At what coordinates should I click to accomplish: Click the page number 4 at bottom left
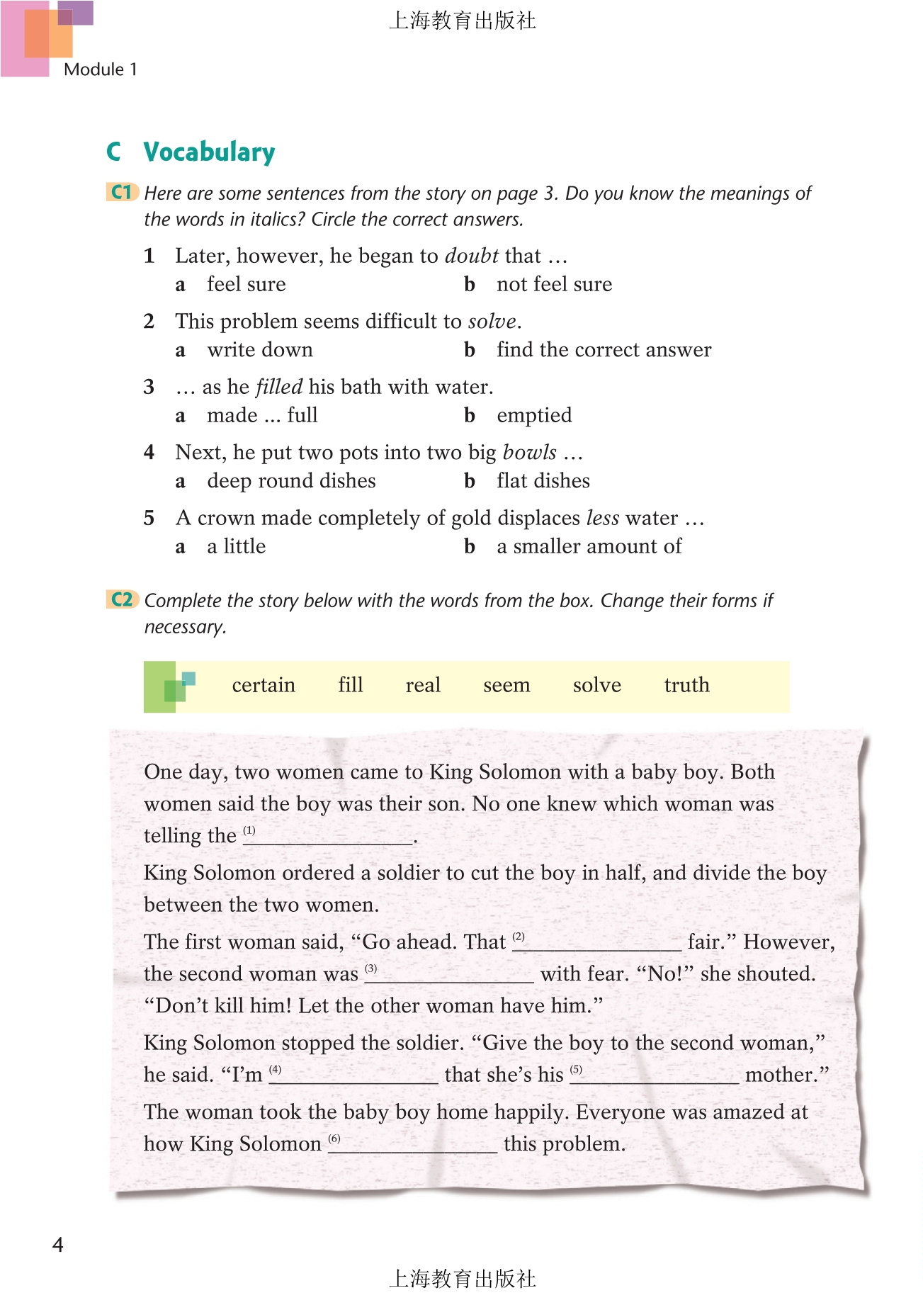(58, 1245)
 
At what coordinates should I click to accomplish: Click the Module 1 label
(100, 69)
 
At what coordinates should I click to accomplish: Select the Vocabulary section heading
(209, 152)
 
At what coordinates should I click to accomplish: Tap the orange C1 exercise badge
(122, 192)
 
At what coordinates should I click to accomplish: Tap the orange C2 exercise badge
(122, 599)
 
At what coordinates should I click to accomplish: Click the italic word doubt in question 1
(472, 256)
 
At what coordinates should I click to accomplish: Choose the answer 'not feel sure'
(554, 284)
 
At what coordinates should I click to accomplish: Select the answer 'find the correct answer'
(604, 350)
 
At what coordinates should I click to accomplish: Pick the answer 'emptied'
(534, 415)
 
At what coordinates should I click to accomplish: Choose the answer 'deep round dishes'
(291, 481)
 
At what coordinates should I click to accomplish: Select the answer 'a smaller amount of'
(589, 546)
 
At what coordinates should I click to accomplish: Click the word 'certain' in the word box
(264, 685)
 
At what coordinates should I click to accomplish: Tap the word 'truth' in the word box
(686, 685)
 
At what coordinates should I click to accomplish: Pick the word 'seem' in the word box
(506, 685)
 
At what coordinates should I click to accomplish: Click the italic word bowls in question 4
(530, 452)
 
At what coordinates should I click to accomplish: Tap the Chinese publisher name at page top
(462, 21)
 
